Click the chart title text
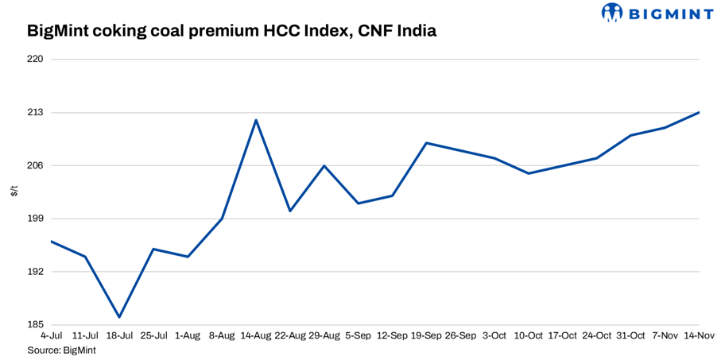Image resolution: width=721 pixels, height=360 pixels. [231, 33]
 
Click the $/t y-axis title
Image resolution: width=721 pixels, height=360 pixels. [14, 192]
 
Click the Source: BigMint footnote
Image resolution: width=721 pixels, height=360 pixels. [62, 350]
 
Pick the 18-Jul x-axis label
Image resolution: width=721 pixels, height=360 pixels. [119, 336]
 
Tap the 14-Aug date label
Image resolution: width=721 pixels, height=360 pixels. [256, 336]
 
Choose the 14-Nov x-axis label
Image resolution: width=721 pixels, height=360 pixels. [698, 336]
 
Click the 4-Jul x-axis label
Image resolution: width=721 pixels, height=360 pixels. [51, 336]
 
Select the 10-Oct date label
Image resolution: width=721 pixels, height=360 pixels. [529, 336]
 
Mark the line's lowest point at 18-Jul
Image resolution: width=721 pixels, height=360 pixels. [119, 317]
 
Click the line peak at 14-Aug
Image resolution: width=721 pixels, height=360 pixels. [256, 120]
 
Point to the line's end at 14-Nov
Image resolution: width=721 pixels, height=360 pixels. [699, 112]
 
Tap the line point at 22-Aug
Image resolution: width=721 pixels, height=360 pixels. [290, 211]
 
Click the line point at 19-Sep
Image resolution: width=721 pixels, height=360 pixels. [427, 143]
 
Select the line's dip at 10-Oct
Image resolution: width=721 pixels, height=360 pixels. [529, 173]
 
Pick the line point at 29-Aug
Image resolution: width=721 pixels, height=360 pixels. [324, 165]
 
